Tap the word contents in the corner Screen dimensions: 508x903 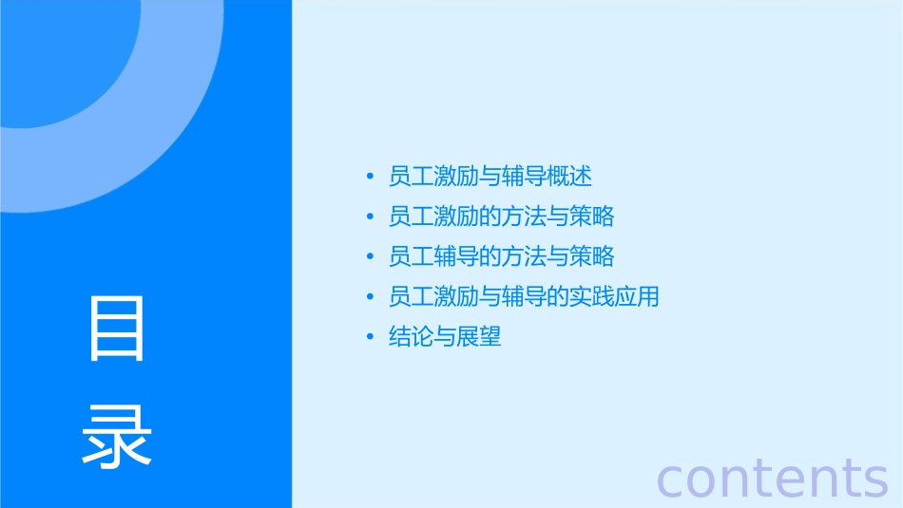click(772, 477)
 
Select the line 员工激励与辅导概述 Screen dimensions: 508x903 click(490, 177)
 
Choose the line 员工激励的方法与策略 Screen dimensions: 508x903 click(501, 216)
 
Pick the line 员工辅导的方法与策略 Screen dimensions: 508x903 click(501, 256)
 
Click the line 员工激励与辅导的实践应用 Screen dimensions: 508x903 click(524, 296)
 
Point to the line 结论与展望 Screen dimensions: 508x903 click(445, 336)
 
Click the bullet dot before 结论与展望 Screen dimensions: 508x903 click(370, 337)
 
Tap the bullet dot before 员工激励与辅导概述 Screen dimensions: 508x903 click(370, 178)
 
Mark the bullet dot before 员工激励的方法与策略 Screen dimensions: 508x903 click(370, 217)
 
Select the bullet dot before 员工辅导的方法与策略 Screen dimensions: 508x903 click(370, 257)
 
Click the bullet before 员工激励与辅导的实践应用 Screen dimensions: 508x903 click(370, 297)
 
